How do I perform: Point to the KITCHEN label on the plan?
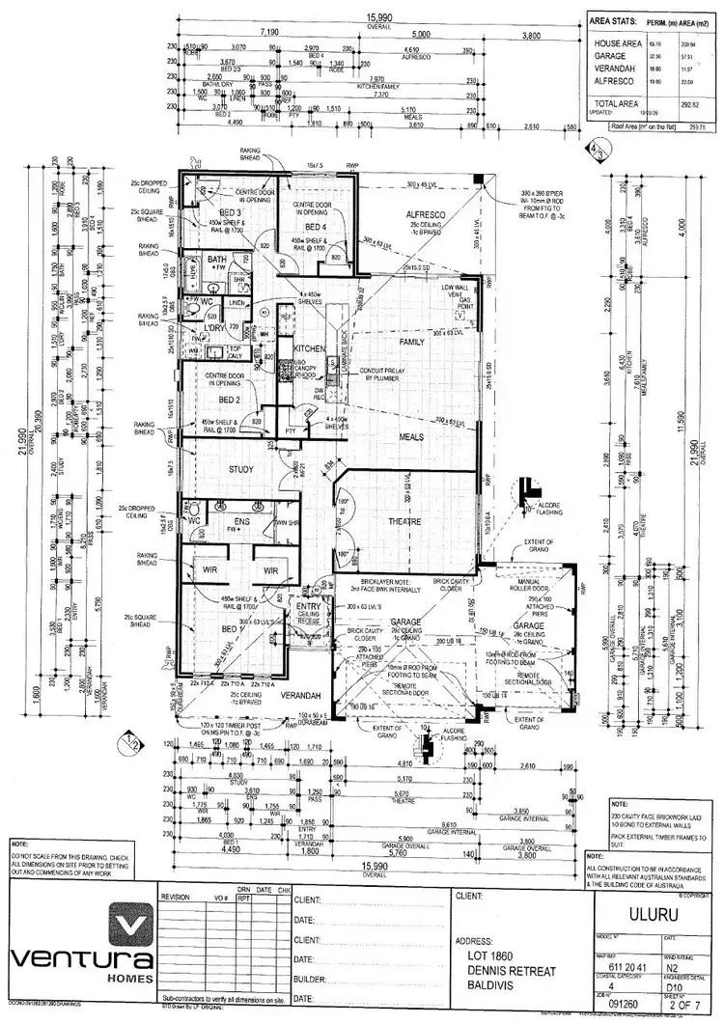coord(310,347)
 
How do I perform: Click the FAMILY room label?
coord(412,343)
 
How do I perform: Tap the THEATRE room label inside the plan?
coord(404,522)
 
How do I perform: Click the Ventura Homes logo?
coord(79,945)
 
